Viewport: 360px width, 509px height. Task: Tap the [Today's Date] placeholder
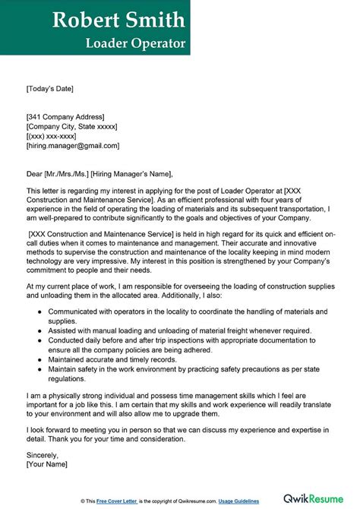[50, 89]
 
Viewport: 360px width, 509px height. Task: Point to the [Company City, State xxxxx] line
[74, 126]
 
